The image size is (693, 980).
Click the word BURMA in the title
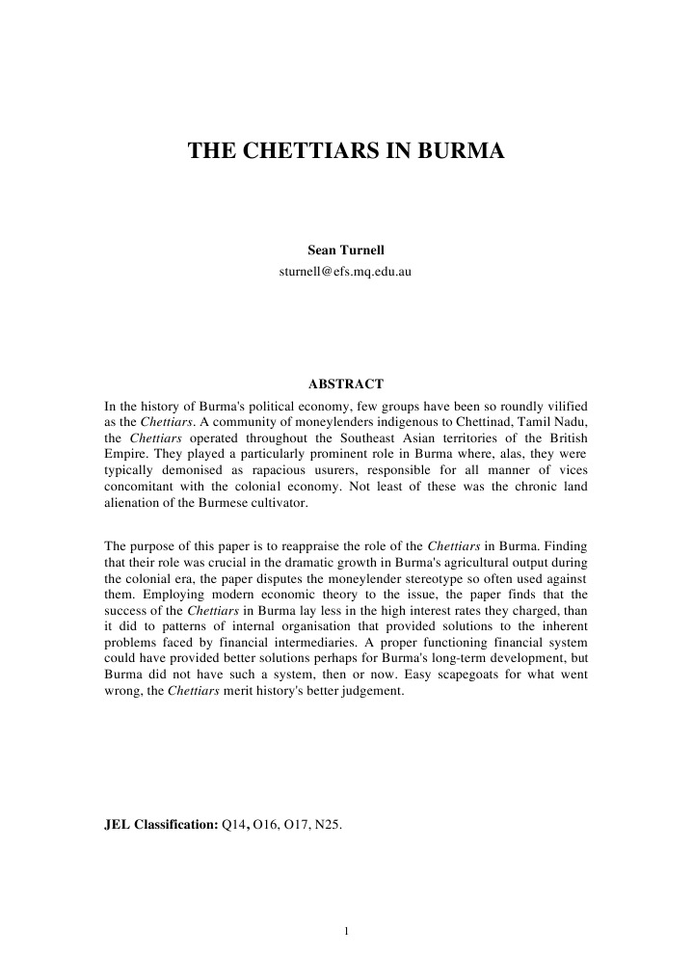462,151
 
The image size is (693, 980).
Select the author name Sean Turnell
345,252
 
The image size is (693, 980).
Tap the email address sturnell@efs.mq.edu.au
345,272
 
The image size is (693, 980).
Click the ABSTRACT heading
345,384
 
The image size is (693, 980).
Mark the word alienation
133,506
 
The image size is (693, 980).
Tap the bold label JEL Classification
160,826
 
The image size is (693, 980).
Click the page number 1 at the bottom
345,931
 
